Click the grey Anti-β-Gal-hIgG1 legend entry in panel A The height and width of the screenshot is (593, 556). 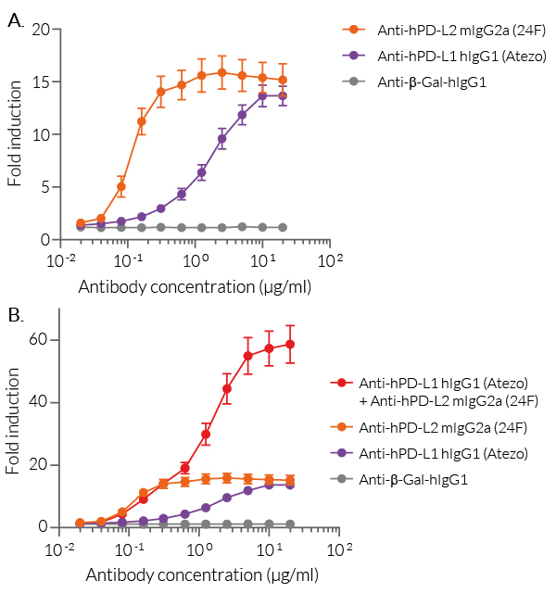(x=432, y=82)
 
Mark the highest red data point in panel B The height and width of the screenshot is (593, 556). (x=290, y=344)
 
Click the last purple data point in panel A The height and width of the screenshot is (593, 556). (x=283, y=95)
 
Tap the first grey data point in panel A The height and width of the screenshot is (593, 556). (x=81, y=226)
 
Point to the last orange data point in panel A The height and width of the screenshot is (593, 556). (x=283, y=80)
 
